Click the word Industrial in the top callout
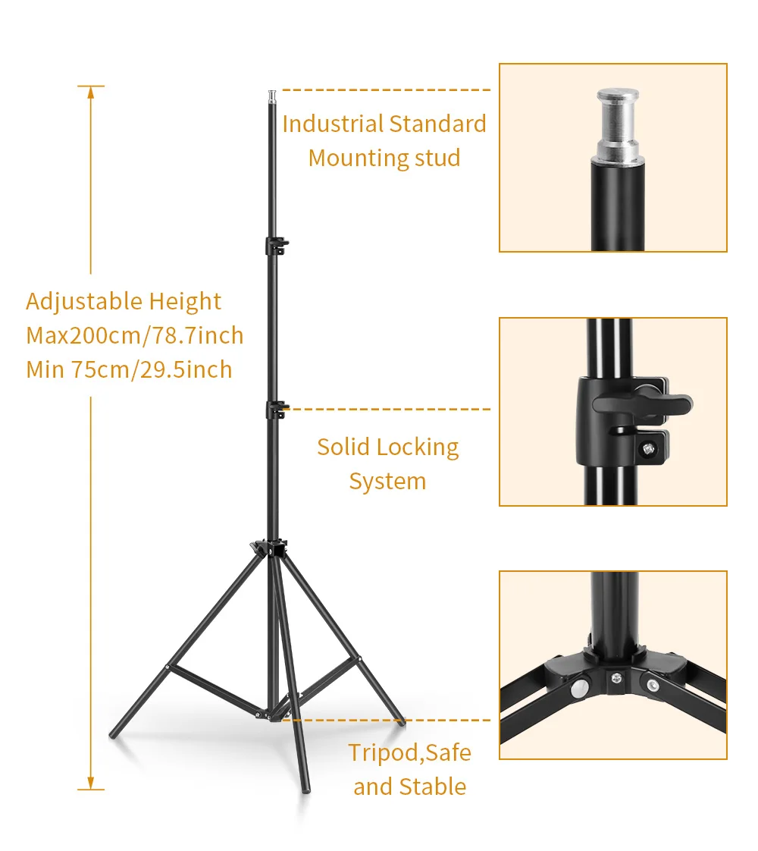tap(333, 124)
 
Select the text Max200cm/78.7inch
tap(134, 336)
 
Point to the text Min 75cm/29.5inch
tap(129, 369)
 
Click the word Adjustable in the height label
tap(84, 302)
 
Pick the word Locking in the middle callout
tap(418, 447)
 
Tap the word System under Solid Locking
tap(387, 482)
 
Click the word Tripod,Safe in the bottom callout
tap(409, 753)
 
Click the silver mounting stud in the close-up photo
tap(618, 125)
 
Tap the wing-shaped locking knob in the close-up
tap(644, 404)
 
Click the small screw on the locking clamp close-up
tap(648, 449)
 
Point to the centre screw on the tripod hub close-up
tap(616, 677)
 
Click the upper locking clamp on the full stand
tap(277, 245)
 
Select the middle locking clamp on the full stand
tap(277, 410)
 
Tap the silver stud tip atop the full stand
tap(271, 96)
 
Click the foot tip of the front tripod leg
tap(306, 789)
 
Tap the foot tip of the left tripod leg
tap(113, 735)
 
